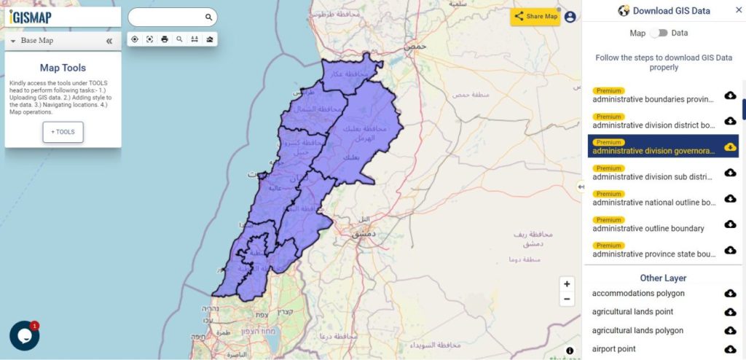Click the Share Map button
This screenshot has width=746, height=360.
coord(535,16)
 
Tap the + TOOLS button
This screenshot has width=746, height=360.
coord(63,132)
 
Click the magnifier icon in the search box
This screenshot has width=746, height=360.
coord(208,17)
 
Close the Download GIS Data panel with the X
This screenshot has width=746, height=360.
coord(738,10)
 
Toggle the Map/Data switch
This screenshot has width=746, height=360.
coord(659,33)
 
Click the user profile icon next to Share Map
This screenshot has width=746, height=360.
coord(570,17)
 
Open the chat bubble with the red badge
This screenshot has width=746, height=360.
coord(24,335)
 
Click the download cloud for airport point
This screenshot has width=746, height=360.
coord(730,349)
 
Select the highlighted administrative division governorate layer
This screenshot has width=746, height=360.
coord(653,151)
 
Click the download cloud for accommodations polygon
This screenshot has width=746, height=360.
coord(730,293)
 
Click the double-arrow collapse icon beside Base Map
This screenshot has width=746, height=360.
coord(109,41)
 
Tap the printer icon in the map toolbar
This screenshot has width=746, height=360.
coord(165,39)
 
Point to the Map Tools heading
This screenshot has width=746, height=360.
coord(63,68)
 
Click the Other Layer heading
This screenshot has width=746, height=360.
coord(663,278)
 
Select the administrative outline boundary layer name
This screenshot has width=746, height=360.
coord(648,228)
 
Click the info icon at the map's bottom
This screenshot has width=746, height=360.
coord(570,351)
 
